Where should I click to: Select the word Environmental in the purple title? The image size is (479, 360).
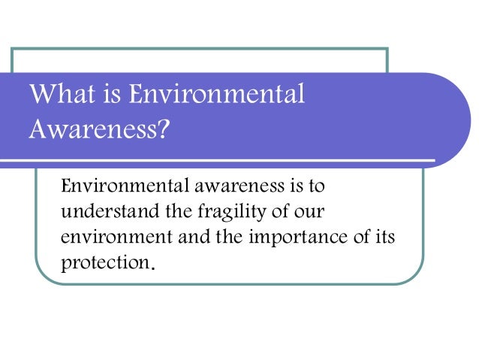coord(217,95)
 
